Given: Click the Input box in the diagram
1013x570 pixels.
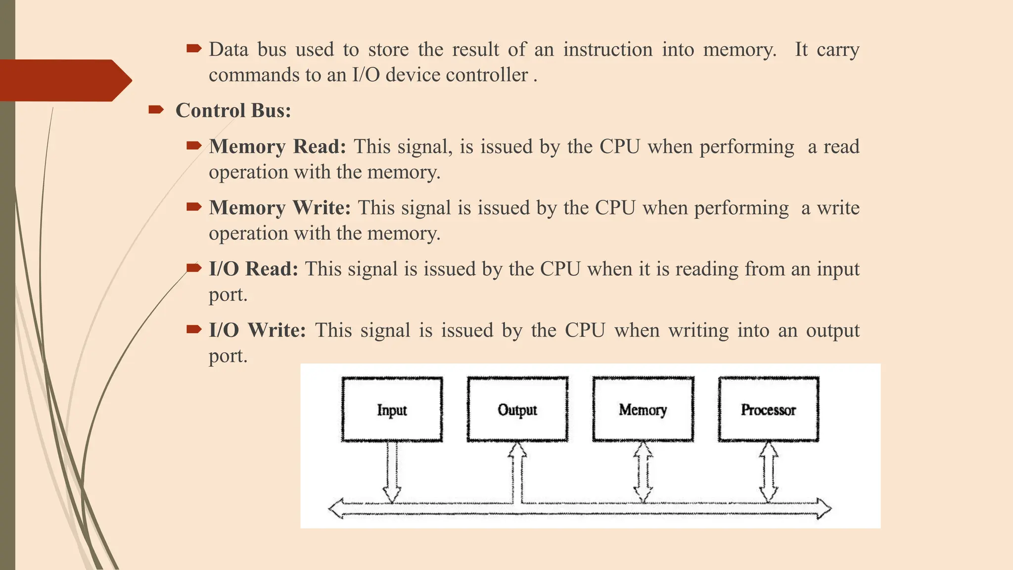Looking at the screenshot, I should coord(392,409).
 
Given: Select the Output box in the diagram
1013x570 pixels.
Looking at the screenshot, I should coord(517,409).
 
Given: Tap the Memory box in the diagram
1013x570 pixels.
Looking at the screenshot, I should coord(643,409).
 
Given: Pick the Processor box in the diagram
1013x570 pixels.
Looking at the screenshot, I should coord(768,409).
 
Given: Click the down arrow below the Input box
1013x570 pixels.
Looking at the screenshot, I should coord(392,473).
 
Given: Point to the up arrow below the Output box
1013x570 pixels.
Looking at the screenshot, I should coord(517,473).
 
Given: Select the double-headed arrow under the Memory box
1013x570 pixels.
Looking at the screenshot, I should coord(643,473).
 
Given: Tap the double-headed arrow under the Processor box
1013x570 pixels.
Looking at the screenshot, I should coord(769,473).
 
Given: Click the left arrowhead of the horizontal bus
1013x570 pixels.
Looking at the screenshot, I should coord(336,509).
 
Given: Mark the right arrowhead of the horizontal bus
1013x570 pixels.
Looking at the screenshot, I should coord(824,509).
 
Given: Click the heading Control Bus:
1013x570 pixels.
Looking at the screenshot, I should coord(233,110).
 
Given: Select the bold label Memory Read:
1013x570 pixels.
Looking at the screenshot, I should coord(277,146).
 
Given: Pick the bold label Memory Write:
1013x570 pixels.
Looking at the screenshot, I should coord(279,208).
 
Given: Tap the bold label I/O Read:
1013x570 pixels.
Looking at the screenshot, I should coord(253,269).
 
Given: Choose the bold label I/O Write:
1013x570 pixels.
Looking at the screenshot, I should coord(257,330).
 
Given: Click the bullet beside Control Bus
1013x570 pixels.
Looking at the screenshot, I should coord(156,110).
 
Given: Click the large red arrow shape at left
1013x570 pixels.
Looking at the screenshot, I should coord(64,81).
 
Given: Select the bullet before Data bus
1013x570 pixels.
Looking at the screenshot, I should coord(194,48).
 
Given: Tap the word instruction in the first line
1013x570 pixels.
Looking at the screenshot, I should coord(607,49).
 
